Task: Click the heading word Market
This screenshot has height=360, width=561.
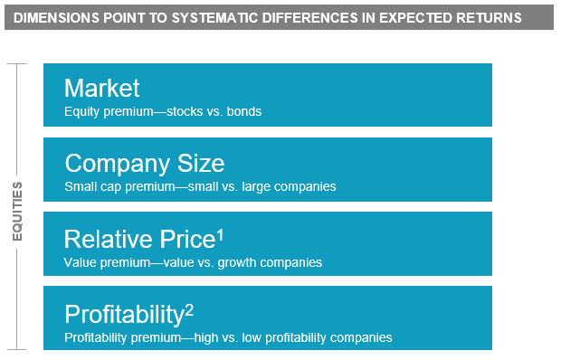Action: (102, 88)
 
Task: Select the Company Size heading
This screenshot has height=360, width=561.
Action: (145, 163)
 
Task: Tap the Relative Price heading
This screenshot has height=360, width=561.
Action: (138, 239)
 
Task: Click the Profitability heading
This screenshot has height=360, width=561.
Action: (124, 314)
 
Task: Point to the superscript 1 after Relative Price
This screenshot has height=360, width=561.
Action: (220, 233)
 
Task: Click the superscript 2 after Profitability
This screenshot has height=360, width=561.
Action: (189, 308)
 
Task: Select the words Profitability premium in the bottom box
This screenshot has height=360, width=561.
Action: (124, 337)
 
